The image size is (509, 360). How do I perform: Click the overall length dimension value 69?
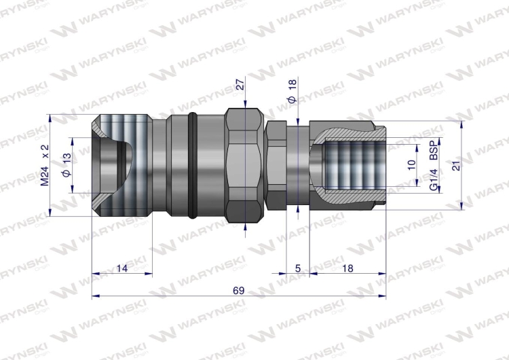(x=238, y=290)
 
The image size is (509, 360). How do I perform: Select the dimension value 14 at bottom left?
(x=121, y=268)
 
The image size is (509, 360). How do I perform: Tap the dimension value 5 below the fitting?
(x=297, y=268)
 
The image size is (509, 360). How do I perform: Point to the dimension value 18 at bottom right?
(x=347, y=268)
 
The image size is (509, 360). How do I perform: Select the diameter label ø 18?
(x=293, y=90)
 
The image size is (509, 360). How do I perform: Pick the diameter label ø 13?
(x=66, y=166)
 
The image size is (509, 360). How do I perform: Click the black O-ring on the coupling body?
(x=195, y=166)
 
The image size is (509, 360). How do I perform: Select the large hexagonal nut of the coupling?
(x=242, y=166)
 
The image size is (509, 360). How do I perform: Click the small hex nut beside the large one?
(x=276, y=166)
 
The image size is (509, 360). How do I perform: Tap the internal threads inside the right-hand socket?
(x=353, y=166)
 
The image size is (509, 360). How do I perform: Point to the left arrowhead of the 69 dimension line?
(x=96, y=296)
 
